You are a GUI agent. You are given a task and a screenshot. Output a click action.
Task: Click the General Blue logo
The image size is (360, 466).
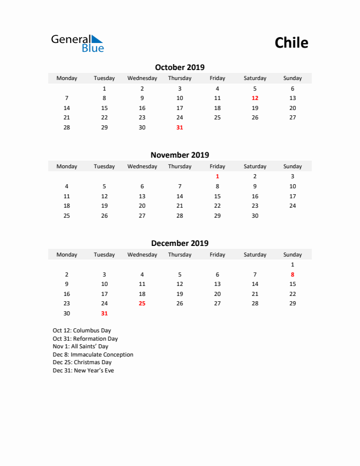[x=77, y=43]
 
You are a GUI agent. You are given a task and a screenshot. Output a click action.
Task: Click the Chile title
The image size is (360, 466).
[x=291, y=43]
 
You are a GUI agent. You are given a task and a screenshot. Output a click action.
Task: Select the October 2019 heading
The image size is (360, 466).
[x=179, y=67]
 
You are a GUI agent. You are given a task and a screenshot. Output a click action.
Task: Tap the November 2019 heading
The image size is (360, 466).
[x=179, y=155]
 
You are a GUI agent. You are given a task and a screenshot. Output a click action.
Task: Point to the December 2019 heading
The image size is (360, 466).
[x=179, y=243]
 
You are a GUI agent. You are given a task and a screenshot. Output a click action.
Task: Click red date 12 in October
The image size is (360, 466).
[x=255, y=98]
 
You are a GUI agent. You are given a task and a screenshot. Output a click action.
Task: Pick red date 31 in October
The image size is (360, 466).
[x=179, y=127]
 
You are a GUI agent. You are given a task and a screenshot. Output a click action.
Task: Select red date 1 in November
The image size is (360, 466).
[x=217, y=176]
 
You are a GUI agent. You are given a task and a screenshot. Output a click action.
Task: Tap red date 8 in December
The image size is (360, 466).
[x=292, y=275]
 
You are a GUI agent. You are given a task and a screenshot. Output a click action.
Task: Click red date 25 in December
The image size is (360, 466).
[x=142, y=304]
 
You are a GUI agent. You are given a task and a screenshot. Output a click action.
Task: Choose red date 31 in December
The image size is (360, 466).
[x=104, y=314]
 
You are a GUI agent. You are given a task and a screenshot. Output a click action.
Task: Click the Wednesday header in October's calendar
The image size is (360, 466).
[x=142, y=78]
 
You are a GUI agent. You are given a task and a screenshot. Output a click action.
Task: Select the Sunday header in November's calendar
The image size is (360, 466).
[x=292, y=167]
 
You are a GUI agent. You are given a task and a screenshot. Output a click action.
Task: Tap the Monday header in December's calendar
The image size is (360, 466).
[x=66, y=255]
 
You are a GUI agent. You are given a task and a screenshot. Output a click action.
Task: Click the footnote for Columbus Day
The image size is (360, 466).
[x=82, y=331]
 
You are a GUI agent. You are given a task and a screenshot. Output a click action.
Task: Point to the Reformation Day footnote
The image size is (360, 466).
[x=85, y=339]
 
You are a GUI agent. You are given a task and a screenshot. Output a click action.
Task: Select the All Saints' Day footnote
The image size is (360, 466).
[x=81, y=347]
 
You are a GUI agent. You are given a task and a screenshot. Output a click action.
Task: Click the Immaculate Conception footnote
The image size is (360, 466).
[x=93, y=355]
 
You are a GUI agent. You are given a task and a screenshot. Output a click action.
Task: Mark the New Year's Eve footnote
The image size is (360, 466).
[x=84, y=371]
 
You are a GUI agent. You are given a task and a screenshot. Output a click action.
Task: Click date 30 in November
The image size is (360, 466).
[x=255, y=215]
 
